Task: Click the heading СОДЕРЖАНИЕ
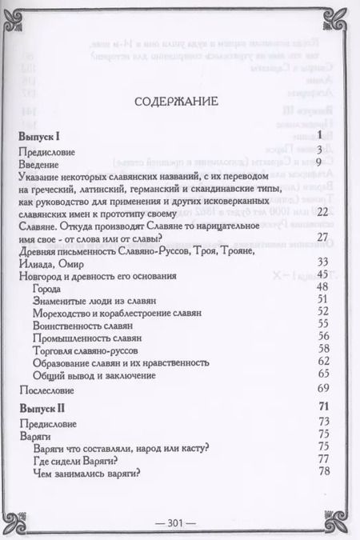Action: (x=178, y=104)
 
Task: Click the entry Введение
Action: (x=40, y=162)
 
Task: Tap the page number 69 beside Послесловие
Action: (x=323, y=389)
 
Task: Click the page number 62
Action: (x=323, y=362)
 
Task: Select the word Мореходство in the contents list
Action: (x=67, y=312)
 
